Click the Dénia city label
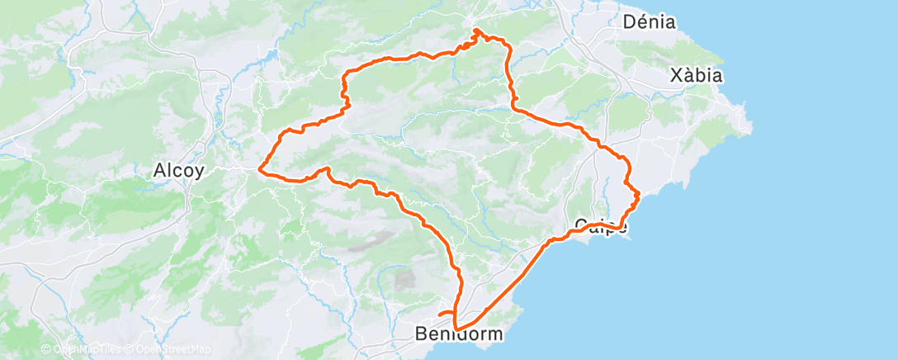pos(650,22)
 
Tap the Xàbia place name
pos(697,76)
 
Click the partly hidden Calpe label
pos(600,225)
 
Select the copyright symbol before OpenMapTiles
pos(46,349)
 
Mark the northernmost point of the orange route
pos(477,31)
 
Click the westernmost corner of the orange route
pos(260,169)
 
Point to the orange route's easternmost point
pos(640,194)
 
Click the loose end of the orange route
pos(438,314)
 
